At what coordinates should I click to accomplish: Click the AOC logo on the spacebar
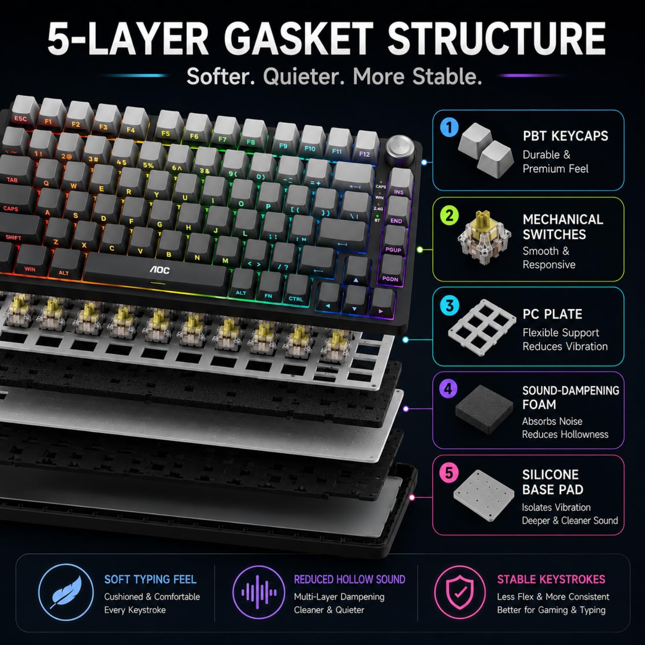[x=160, y=270]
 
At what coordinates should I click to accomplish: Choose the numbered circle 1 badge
[x=450, y=128]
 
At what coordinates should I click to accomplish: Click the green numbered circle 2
[x=449, y=215]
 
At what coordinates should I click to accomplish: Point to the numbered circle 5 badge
[x=449, y=473]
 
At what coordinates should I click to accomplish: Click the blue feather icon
[x=66, y=592]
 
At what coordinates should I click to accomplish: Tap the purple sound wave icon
[x=258, y=593]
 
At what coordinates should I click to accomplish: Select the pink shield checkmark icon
[x=460, y=593]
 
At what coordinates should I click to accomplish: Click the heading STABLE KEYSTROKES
[x=551, y=579]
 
